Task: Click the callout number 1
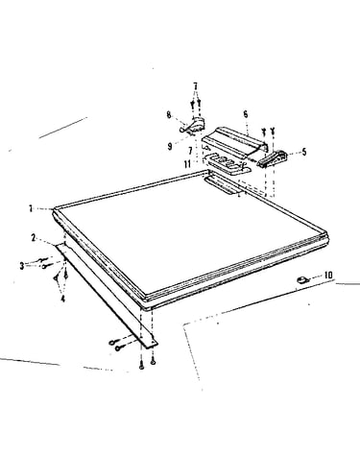coord(31,208)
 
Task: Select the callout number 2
coord(34,238)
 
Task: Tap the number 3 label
coord(22,266)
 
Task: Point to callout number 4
coord(62,299)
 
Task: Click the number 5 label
coord(303,152)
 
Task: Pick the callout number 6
coord(246,114)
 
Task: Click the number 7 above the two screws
coord(196,86)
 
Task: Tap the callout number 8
coord(169,114)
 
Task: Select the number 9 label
coord(170,146)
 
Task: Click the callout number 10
coord(328,275)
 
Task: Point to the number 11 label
coord(187,164)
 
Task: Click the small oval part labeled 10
coord(302,280)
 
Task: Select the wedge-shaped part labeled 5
coord(273,158)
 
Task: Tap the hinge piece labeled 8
coord(193,125)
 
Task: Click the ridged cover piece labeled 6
coord(234,142)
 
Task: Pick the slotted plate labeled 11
coord(228,163)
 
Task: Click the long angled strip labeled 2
coord(107,296)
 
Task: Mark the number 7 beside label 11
coord(190,150)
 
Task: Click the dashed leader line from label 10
coord(316,277)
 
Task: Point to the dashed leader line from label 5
coord(294,153)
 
